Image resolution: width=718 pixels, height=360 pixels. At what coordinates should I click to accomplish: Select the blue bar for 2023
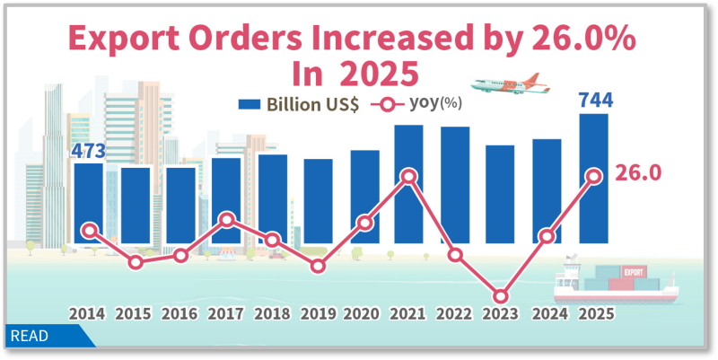pos(501,194)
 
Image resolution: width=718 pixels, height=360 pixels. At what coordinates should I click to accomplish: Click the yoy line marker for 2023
pos(501,296)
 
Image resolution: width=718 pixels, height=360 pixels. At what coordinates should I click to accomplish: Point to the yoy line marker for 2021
pos(409,177)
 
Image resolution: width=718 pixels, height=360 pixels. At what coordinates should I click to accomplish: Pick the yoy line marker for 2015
pos(135,262)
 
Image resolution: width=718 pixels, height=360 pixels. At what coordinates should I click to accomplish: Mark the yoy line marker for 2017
pos(226,220)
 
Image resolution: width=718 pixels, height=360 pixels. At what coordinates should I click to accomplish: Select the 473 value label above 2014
pos(89,150)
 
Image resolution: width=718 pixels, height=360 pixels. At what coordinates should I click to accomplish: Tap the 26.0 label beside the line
pos(638,173)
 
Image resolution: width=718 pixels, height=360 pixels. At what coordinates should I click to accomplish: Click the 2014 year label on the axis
pos(88,315)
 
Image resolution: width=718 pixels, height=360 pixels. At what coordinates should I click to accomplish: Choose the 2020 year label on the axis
pos(363,315)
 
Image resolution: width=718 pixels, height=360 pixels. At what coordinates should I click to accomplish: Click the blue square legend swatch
pos(249,104)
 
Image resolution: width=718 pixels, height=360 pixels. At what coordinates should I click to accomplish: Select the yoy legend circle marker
pos(388,104)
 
